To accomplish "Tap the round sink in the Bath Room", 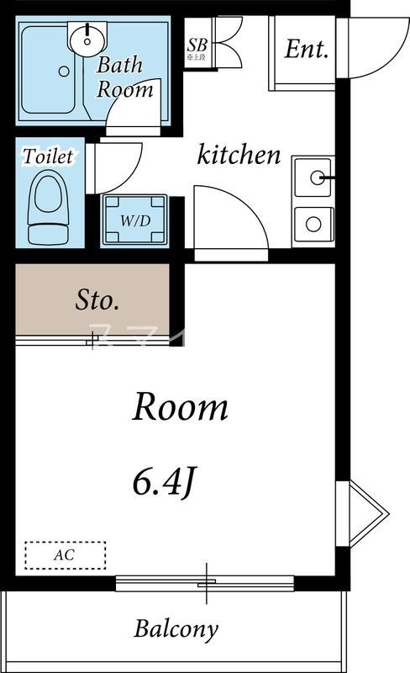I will click(x=87, y=37).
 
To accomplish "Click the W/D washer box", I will click(x=134, y=221).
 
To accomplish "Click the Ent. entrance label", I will click(x=306, y=49).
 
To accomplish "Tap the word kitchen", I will click(x=239, y=155).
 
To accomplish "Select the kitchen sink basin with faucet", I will click(x=314, y=178).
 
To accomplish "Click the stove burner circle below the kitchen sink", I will click(x=313, y=224).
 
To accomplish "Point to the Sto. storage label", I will click(x=98, y=299).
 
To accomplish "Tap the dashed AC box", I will click(x=65, y=555).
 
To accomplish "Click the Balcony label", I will click(x=176, y=628).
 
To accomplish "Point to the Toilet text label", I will click(x=49, y=156).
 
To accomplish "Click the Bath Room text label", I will click(x=124, y=77).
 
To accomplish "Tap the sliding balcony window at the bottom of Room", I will click(x=205, y=582).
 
